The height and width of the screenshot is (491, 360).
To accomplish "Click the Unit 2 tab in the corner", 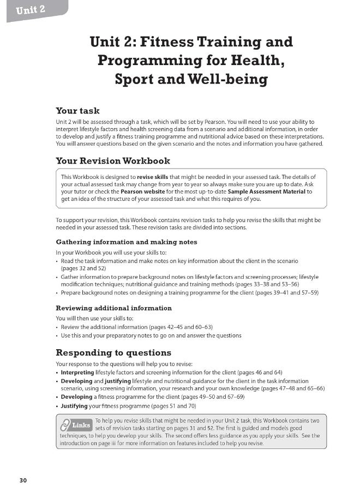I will (x=31, y=10).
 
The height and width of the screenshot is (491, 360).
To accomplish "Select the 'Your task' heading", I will (x=77, y=110).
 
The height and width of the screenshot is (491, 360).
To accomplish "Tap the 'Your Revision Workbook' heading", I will (x=113, y=161).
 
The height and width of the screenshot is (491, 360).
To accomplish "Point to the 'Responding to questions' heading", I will (x=113, y=352).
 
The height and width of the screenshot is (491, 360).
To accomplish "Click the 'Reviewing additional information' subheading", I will (x=113, y=308).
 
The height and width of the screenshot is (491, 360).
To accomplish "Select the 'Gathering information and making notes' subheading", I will (x=127, y=242).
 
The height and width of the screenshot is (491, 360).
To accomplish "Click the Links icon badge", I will (x=75, y=425).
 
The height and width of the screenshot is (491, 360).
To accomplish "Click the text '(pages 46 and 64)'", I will (x=255, y=372).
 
